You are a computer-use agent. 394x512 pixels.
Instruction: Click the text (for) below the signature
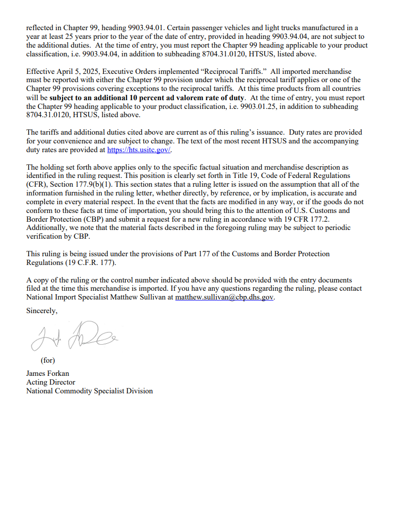48,360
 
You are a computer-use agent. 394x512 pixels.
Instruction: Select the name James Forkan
48,373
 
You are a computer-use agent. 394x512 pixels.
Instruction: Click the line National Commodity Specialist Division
89,391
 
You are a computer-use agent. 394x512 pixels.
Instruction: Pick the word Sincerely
42,311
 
